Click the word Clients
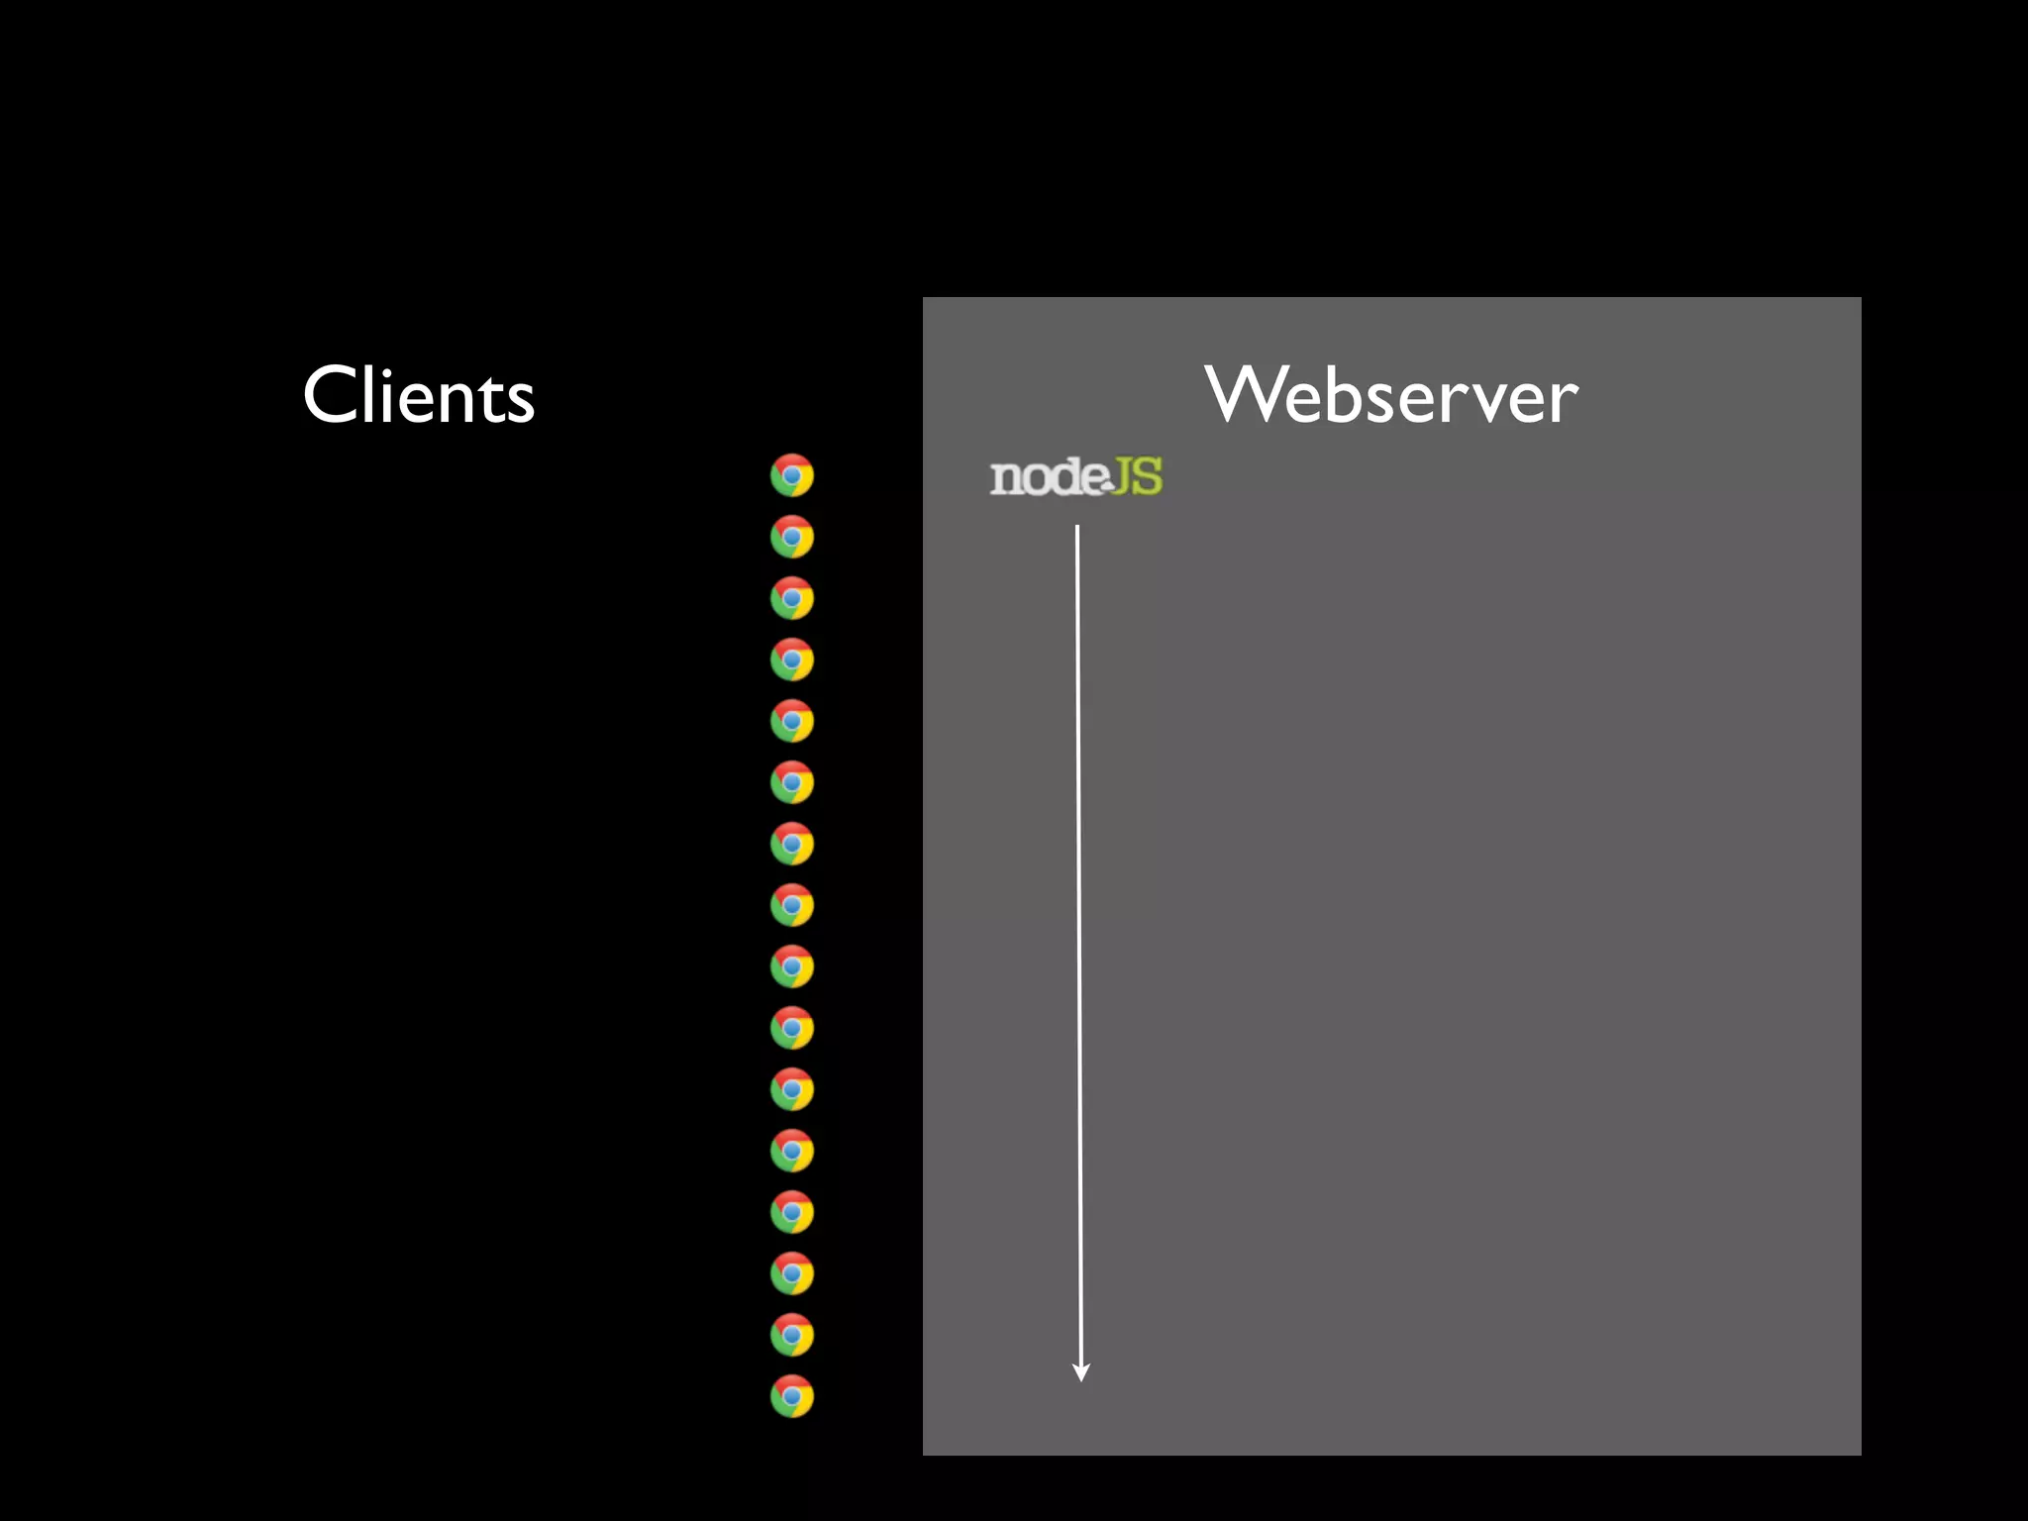pos(419,395)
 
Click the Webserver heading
pos(1391,395)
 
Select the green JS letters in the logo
pos(1137,476)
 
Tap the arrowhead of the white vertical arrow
pos(1081,1372)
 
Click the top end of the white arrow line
pos(1077,529)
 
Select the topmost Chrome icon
pos(792,475)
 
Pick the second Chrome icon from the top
pos(792,537)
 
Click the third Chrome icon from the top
pos(792,598)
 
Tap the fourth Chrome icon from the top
pos(792,659)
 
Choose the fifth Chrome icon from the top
pos(792,721)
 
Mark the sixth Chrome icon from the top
pos(792,782)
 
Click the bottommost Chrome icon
pos(792,1396)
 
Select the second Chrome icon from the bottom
pos(792,1335)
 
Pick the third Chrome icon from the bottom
pos(792,1273)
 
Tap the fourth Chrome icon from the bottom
pos(792,1212)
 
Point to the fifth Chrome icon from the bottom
pos(792,1151)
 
